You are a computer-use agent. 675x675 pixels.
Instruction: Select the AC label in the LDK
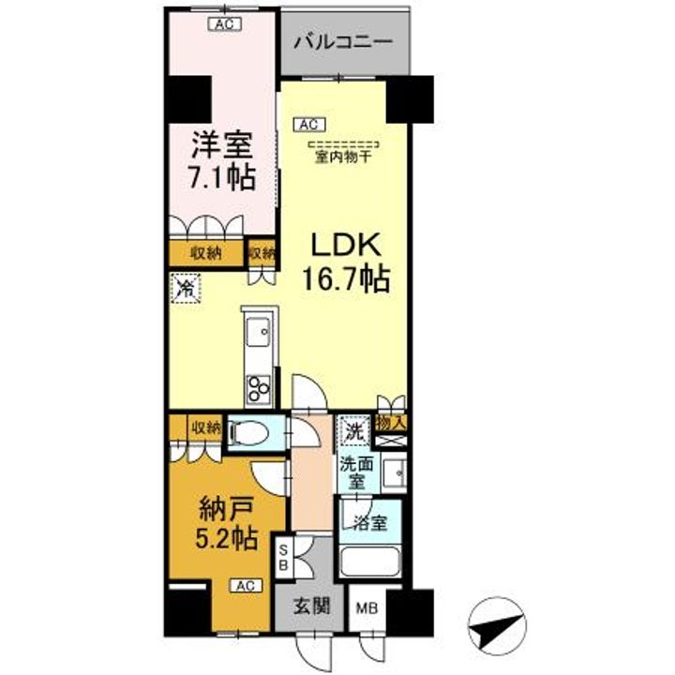pyautogui.click(x=308, y=123)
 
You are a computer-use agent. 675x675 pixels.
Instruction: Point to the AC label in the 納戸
pyautogui.click(x=245, y=586)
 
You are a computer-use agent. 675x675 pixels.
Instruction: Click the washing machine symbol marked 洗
pyautogui.click(x=353, y=432)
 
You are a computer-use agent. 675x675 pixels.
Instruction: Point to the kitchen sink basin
pyautogui.click(x=256, y=331)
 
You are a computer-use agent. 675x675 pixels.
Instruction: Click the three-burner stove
pyautogui.click(x=258, y=387)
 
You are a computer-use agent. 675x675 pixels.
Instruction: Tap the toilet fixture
pyautogui.click(x=246, y=433)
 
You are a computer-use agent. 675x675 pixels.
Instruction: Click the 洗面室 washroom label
pyautogui.click(x=356, y=471)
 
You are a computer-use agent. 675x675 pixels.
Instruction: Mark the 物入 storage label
pyautogui.click(x=391, y=424)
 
